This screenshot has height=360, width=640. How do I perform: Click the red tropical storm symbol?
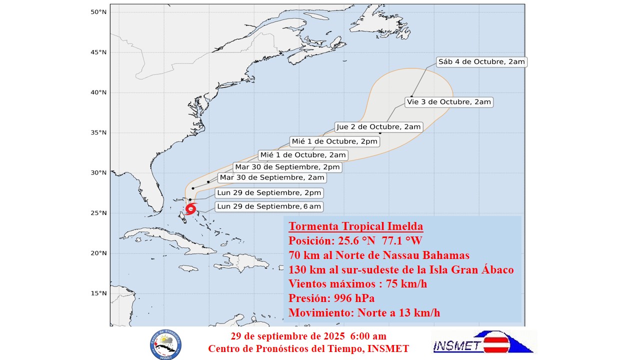pyautogui.click(x=190, y=209)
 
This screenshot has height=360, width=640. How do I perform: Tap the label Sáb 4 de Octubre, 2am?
pyautogui.click(x=481, y=62)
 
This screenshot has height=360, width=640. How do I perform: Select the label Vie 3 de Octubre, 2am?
pyautogui.click(x=448, y=102)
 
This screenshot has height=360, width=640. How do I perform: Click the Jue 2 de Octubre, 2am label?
pyautogui.click(x=378, y=127)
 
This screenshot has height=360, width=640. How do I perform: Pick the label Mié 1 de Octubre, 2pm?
pyautogui.click(x=334, y=141)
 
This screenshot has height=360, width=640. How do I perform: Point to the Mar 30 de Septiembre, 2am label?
pyautogui.click(x=272, y=177)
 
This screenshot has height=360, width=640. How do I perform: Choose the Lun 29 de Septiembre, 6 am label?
pyautogui.click(x=269, y=206)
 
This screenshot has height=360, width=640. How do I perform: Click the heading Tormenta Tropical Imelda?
pyautogui.click(x=355, y=226)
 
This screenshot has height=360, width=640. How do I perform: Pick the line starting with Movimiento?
pyautogui.click(x=364, y=313)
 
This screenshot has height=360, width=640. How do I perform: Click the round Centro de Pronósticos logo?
pyautogui.click(x=165, y=344)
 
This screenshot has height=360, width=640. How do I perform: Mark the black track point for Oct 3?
pyautogui.click(x=411, y=96)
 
